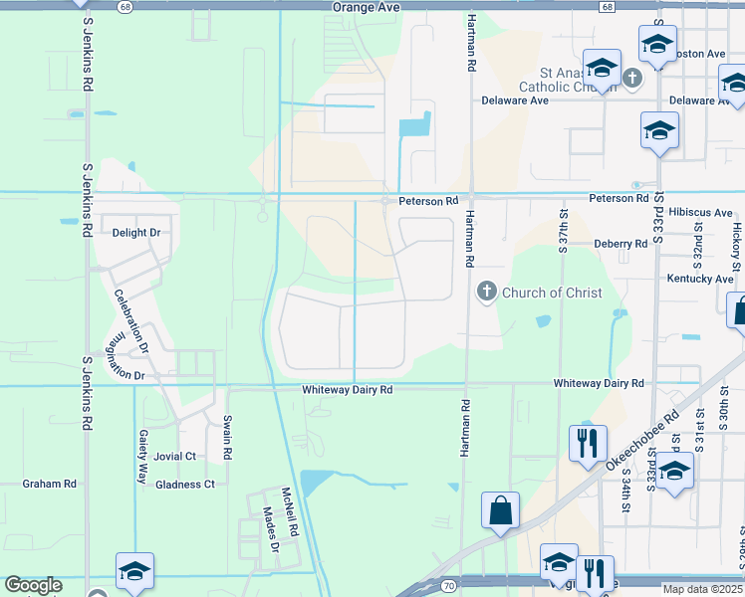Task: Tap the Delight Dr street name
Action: (136, 233)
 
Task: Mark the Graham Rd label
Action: (50, 485)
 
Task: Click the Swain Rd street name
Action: (228, 439)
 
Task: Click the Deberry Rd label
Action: (620, 244)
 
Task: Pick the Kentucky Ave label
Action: (699, 280)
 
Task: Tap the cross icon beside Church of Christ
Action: (486, 292)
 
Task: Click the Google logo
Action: (33, 585)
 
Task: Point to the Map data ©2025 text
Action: (703, 589)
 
